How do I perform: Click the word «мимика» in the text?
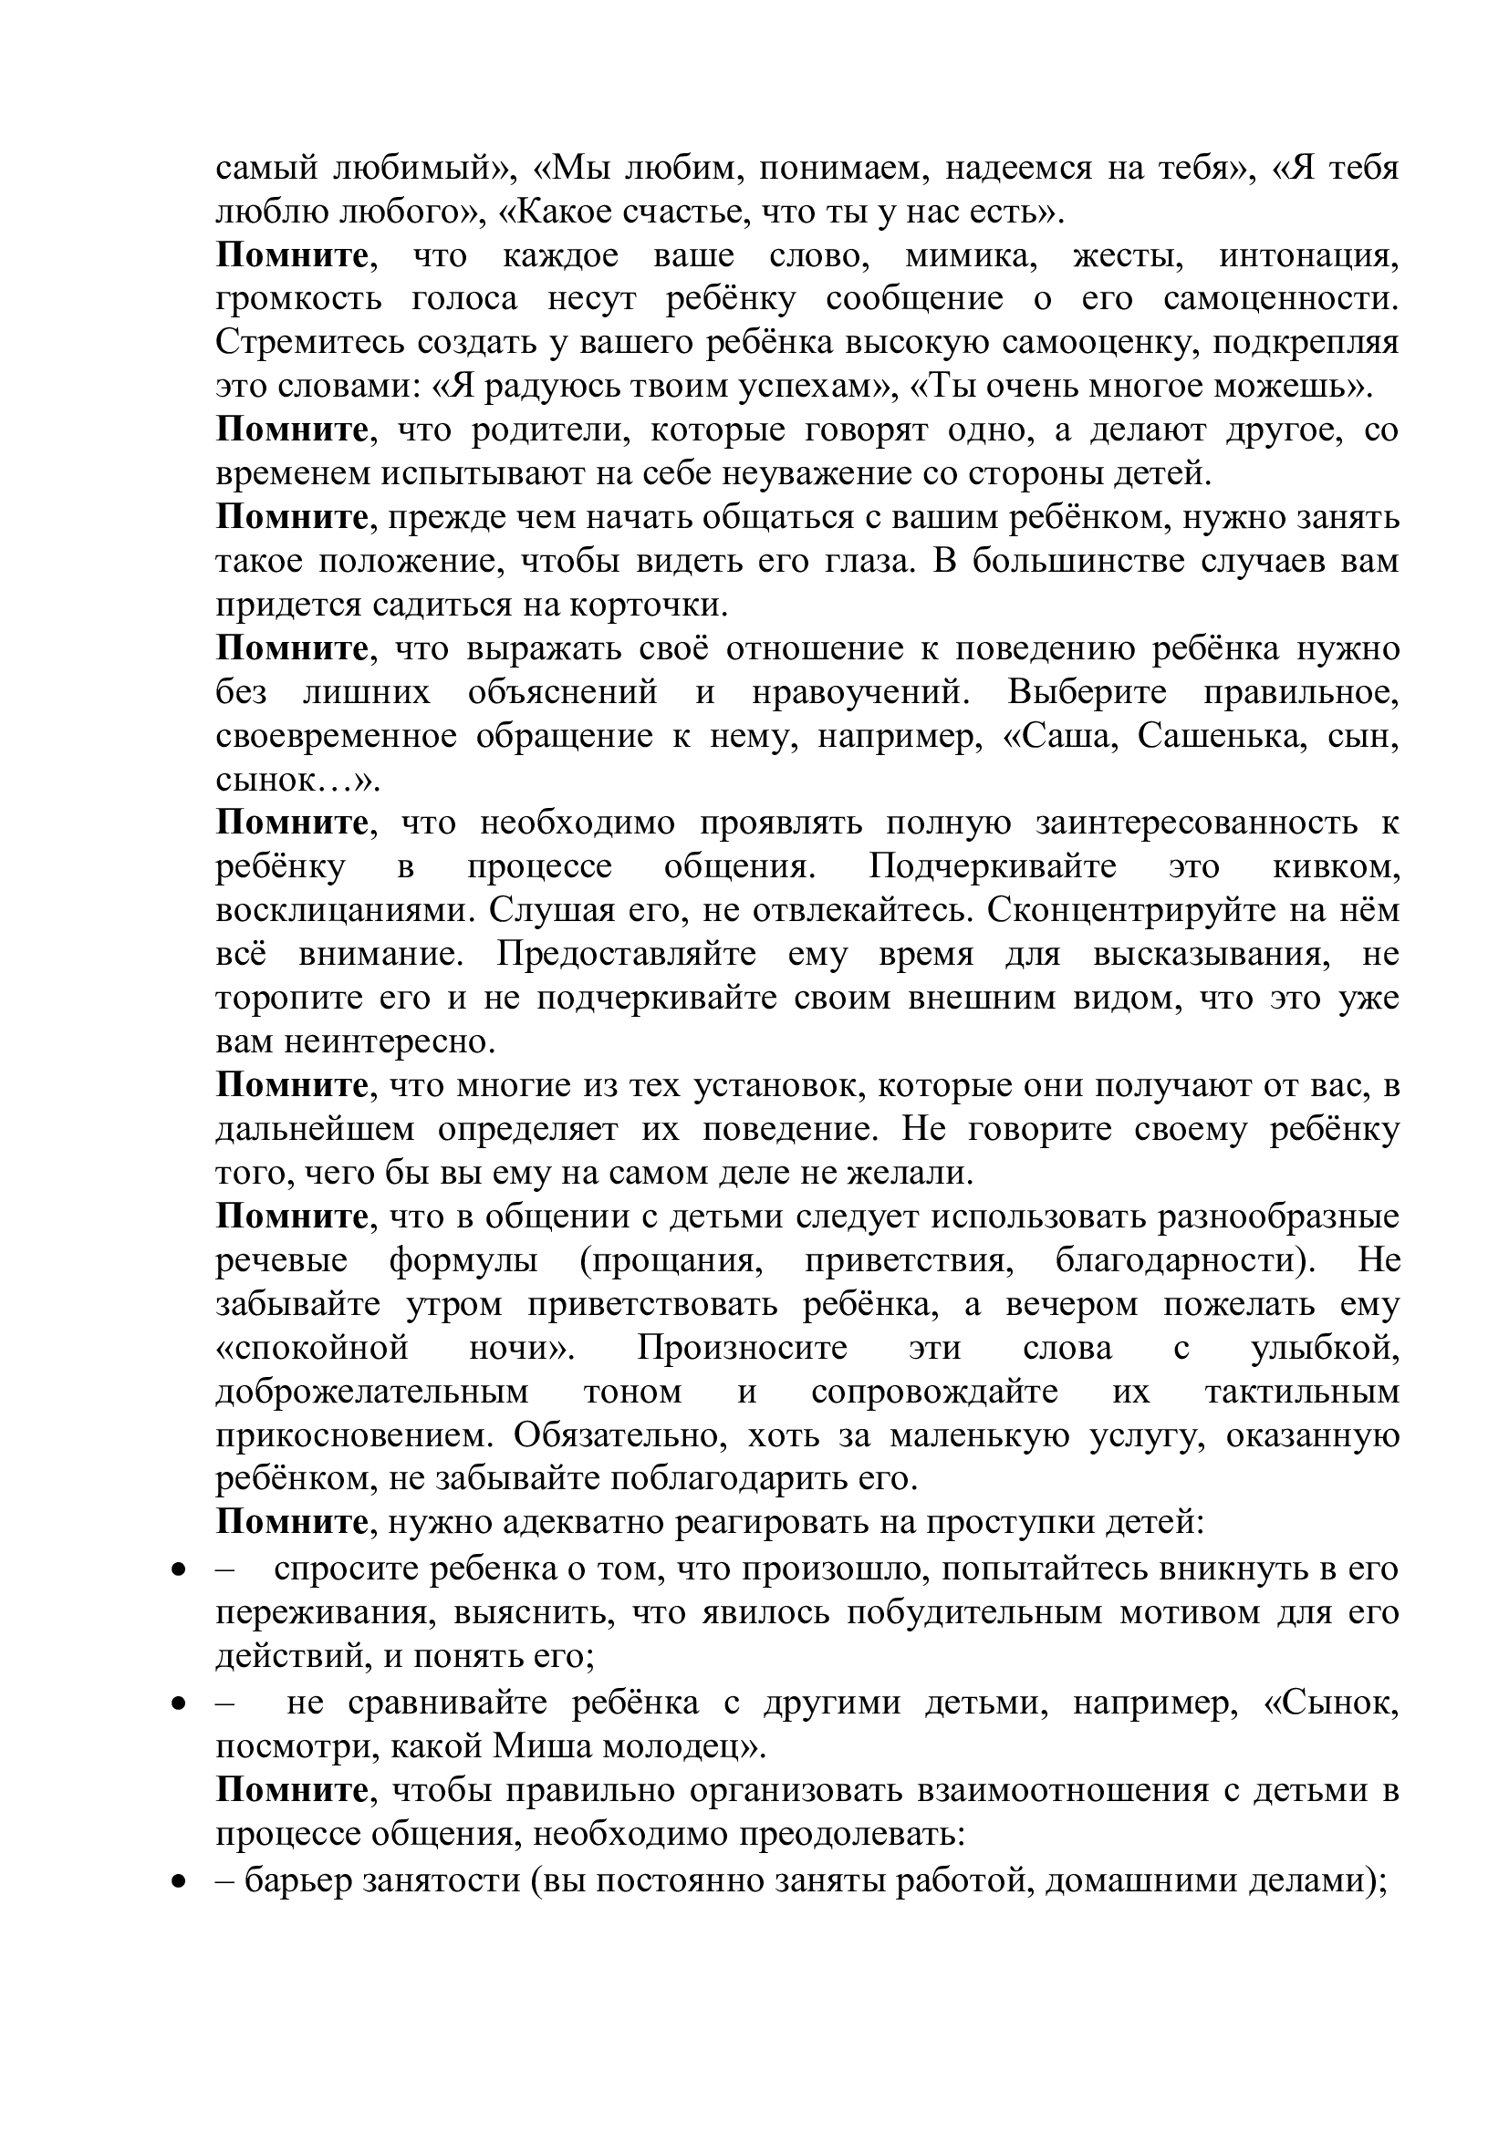(969, 255)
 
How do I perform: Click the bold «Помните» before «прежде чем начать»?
(292, 517)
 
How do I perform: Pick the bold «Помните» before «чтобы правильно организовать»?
(292, 1790)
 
